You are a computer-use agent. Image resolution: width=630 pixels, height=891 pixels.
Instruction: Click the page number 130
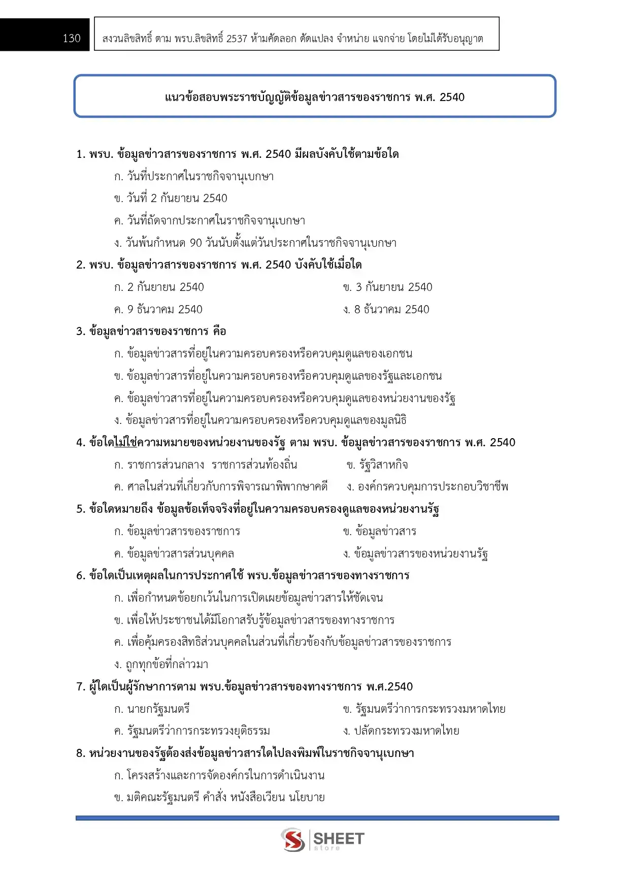pyautogui.click(x=72, y=39)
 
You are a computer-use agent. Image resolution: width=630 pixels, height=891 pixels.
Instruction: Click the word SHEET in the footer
pyautogui.click(x=339, y=838)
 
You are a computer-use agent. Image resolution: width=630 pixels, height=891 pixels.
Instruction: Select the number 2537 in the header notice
pyautogui.click(x=237, y=39)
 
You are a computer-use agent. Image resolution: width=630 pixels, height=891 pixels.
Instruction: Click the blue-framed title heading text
pyautogui.click(x=315, y=97)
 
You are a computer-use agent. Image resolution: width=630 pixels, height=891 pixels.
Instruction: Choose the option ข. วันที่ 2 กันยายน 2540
pyautogui.click(x=171, y=199)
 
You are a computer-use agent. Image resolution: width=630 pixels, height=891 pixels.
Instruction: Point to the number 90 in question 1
pyautogui.click(x=196, y=243)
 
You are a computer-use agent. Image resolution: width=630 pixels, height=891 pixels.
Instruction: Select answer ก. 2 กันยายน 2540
pyautogui.click(x=159, y=287)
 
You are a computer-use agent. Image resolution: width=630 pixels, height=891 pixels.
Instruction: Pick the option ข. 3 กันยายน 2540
pyautogui.click(x=387, y=287)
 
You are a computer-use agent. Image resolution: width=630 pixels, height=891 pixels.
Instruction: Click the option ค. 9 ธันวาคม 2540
pyautogui.click(x=158, y=310)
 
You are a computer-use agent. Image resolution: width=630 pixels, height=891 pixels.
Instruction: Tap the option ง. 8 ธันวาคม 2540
pyautogui.click(x=386, y=310)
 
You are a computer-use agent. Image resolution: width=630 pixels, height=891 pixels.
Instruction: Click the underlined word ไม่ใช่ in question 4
pyautogui.click(x=126, y=443)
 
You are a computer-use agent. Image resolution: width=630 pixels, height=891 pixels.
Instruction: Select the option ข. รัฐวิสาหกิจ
pyautogui.click(x=377, y=465)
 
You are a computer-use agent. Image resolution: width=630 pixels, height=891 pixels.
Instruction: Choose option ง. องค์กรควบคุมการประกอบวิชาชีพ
pyautogui.click(x=427, y=487)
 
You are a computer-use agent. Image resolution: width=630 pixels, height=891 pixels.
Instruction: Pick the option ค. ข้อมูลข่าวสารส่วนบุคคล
pyautogui.click(x=174, y=554)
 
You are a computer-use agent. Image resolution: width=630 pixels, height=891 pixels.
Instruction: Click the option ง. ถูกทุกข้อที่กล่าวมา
pyautogui.click(x=161, y=665)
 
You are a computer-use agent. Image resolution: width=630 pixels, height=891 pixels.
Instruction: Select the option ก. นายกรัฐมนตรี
pyautogui.click(x=152, y=709)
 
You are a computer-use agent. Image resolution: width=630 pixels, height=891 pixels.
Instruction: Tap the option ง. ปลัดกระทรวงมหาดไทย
pyautogui.click(x=401, y=731)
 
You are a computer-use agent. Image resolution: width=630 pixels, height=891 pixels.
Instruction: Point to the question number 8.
pyautogui.click(x=80, y=753)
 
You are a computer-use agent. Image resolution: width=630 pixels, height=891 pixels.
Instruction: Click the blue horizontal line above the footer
pyautogui.click(x=317, y=818)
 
